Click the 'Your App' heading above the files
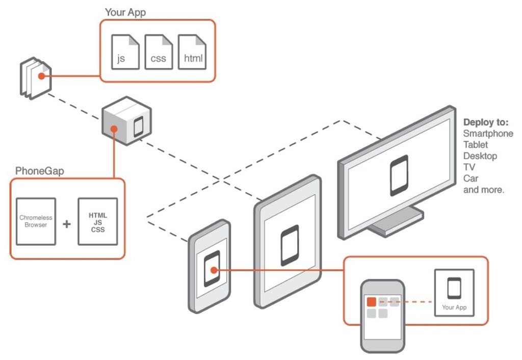point(125,12)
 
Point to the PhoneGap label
point(40,171)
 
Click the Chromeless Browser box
point(36,221)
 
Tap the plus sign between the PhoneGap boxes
point(67,224)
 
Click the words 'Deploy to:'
point(486,123)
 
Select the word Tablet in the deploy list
point(475,144)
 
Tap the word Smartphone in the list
point(488,134)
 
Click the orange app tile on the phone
point(371,302)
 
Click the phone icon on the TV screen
point(399,175)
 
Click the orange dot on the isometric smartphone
point(214,270)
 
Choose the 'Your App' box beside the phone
point(454,293)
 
